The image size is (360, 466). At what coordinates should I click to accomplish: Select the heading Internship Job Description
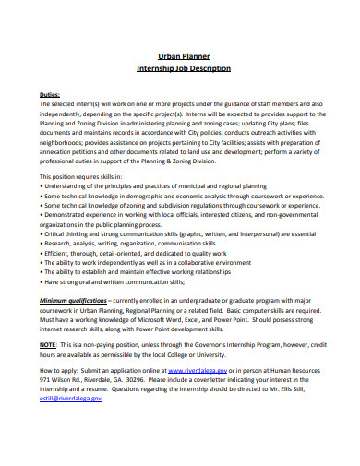coord(189,68)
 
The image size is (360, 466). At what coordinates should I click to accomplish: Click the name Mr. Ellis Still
coord(311,390)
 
